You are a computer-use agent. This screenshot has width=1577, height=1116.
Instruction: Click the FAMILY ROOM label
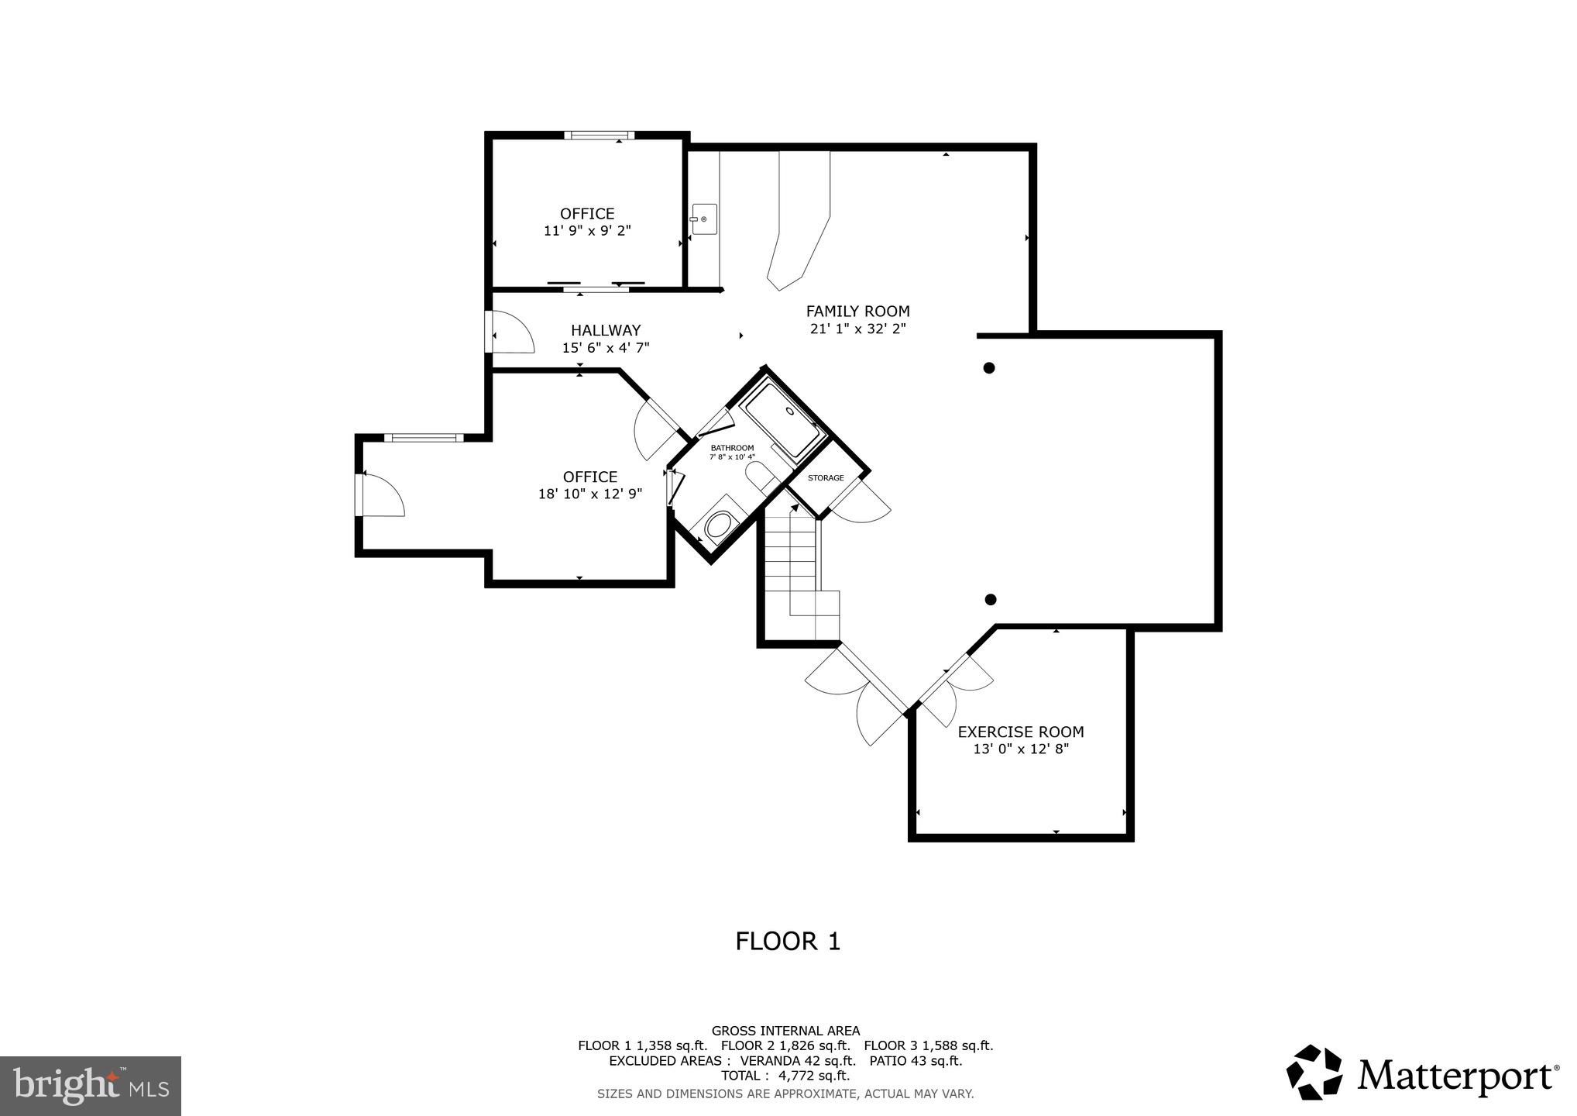click(x=857, y=312)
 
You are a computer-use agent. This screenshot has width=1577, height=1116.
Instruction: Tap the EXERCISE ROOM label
click(x=1020, y=732)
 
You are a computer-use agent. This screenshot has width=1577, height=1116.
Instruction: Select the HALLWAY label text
click(x=606, y=330)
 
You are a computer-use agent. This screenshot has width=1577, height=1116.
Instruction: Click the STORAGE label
click(x=826, y=478)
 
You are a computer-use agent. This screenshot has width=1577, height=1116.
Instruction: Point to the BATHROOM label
click(x=732, y=448)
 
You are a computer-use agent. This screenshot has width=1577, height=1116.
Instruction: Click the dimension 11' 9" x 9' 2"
click(x=587, y=231)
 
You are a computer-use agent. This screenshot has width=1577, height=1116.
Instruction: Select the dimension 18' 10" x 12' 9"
click(x=590, y=494)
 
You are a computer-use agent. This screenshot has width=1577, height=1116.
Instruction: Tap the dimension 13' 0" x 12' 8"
click(x=1020, y=749)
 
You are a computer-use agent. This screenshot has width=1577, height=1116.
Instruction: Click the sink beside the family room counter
click(x=704, y=219)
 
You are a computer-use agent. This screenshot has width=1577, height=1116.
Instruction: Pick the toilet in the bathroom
click(x=719, y=525)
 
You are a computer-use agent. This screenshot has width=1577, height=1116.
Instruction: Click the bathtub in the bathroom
click(x=781, y=422)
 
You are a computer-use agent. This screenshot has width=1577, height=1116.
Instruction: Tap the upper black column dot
click(x=988, y=368)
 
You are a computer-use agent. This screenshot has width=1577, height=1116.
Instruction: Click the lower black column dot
click(x=990, y=599)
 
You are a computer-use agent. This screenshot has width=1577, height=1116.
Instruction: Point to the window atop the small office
click(x=599, y=136)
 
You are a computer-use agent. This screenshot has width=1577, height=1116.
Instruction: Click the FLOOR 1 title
click(x=787, y=942)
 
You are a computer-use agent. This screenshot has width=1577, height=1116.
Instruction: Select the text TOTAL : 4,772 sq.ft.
click(x=785, y=1076)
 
